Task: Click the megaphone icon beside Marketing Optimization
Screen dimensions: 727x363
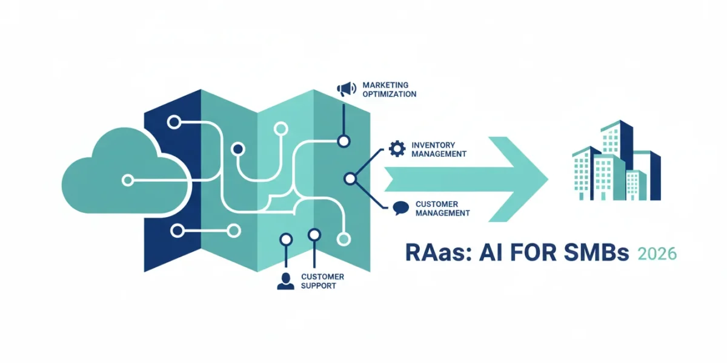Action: click(347, 89)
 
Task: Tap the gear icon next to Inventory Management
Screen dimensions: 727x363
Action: click(397, 149)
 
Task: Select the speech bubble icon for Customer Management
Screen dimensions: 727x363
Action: click(401, 208)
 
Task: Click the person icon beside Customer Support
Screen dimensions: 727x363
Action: click(285, 281)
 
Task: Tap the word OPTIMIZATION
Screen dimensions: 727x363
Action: click(390, 94)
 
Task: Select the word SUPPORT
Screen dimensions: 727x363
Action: click(319, 286)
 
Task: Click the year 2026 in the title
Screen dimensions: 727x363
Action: click(657, 253)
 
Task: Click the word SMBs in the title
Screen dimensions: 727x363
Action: click(597, 253)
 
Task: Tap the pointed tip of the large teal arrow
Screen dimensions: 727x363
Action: click(548, 179)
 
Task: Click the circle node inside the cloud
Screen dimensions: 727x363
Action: click(128, 180)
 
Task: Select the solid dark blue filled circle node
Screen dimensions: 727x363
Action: click(238, 149)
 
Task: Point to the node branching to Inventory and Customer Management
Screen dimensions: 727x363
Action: click(350, 178)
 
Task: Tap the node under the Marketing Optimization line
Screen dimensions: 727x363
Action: click(344, 142)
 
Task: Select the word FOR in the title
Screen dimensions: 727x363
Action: click(533, 253)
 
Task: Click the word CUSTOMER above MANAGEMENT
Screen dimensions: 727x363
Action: click(437, 204)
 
